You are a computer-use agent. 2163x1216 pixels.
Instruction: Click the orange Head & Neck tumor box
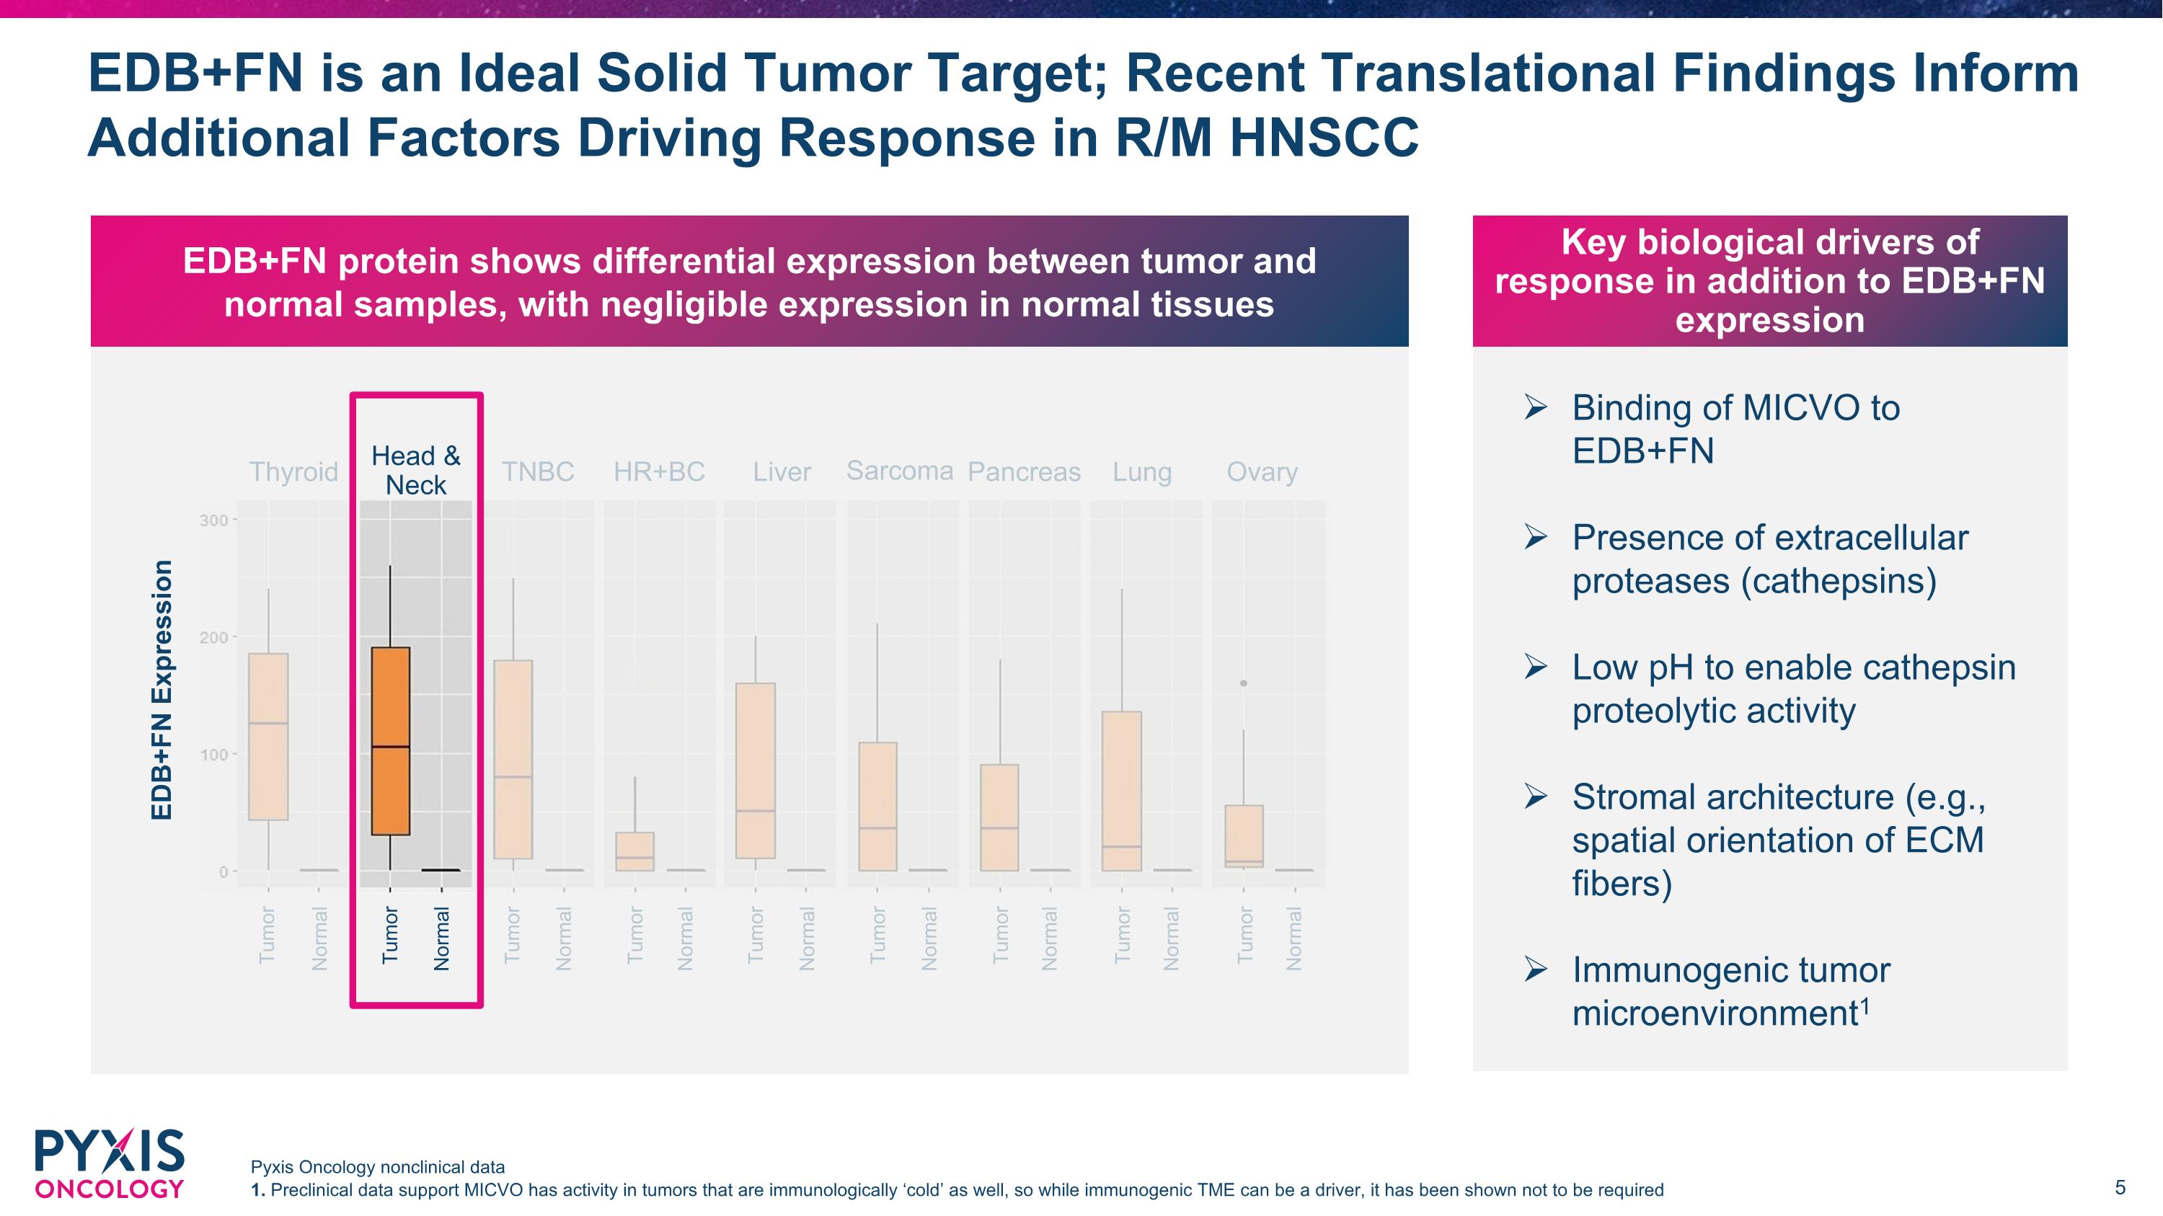click(391, 741)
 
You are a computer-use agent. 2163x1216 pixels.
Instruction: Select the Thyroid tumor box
click(268, 737)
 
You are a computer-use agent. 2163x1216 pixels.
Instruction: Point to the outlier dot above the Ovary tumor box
click(1244, 683)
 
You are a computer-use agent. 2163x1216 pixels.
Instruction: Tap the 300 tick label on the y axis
click(213, 520)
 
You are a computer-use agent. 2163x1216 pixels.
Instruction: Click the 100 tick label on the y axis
click(213, 755)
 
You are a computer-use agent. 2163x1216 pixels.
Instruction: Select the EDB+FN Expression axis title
click(162, 689)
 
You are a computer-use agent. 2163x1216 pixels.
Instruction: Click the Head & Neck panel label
click(415, 470)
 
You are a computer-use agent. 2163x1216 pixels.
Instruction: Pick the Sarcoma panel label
click(899, 471)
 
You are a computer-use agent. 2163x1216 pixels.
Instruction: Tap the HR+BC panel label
click(658, 471)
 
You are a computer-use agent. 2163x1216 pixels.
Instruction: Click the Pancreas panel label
click(1024, 471)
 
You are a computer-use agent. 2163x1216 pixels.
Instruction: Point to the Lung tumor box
click(1122, 791)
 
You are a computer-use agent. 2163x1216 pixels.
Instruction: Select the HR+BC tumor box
click(634, 851)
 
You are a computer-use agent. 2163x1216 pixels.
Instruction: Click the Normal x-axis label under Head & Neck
click(442, 938)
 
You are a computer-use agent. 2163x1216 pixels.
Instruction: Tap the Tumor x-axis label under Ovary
click(1244, 935)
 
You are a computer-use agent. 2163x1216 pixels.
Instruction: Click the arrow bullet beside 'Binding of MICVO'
click(1535, 408)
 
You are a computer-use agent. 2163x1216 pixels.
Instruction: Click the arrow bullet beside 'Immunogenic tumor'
click(1535, 970)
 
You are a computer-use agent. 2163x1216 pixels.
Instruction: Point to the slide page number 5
click(2119, 1187)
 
